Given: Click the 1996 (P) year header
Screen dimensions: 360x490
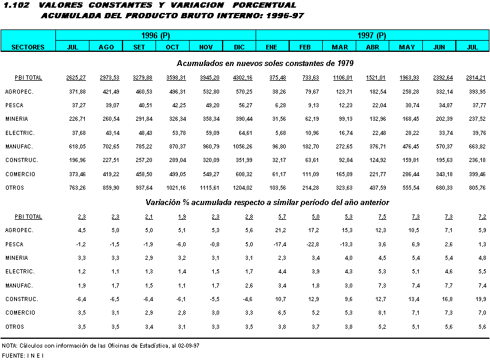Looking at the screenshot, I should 155,35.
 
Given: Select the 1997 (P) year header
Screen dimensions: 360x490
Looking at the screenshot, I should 372,35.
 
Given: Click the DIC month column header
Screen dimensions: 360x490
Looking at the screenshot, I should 239,47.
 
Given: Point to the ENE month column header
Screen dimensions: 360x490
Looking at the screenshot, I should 272,47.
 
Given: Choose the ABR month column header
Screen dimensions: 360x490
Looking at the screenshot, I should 372,47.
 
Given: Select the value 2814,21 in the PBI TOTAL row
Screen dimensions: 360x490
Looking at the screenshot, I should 476,78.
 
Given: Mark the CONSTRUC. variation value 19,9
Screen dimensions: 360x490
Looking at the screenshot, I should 478,299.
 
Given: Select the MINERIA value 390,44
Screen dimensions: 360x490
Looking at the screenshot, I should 244,119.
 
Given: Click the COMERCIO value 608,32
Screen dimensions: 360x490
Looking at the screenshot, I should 244,174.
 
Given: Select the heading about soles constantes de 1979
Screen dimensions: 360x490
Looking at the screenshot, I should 264,62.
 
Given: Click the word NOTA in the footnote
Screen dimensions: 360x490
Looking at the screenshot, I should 9,345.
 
